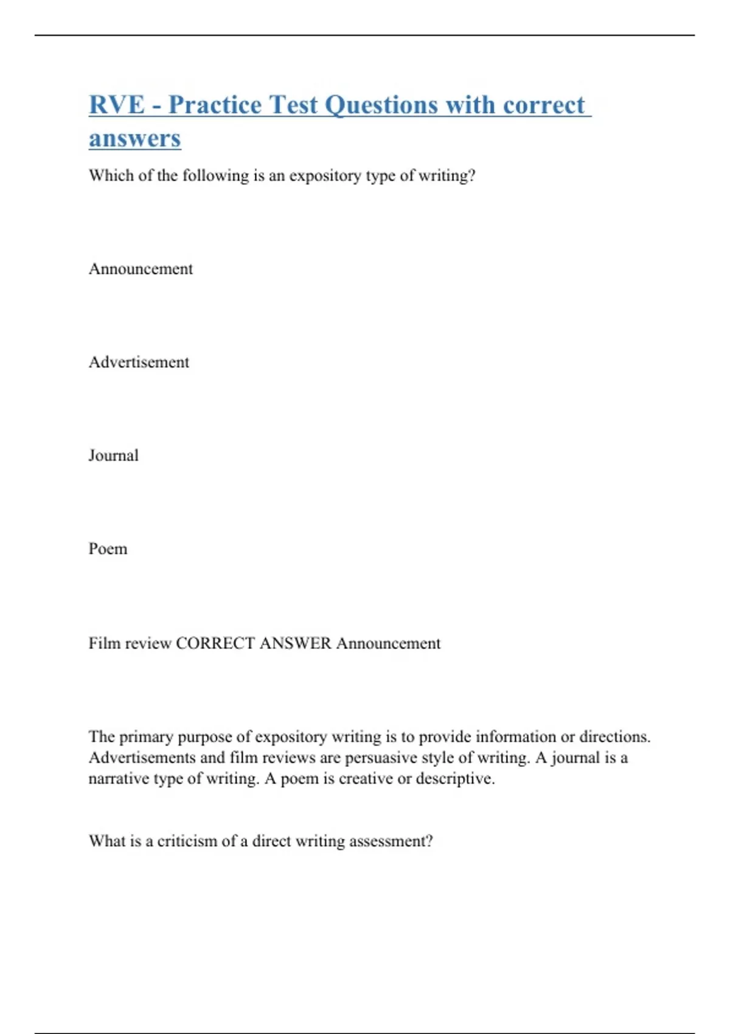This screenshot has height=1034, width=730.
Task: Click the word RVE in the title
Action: click(x=116, y=105)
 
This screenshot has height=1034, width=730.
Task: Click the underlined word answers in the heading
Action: click(x=135, y=139)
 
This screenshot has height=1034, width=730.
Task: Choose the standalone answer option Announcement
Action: click(x=141, y=269)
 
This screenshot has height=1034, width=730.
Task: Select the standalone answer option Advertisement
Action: click(x=139, y=363)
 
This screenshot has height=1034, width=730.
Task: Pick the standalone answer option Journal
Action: click(x=114, y=456)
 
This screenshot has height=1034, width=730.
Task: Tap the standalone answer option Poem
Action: click(x=108, y=549)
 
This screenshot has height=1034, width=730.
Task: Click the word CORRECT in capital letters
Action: click(x=215, y=644)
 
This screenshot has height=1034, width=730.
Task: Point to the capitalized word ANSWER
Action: click(x=295, y=644)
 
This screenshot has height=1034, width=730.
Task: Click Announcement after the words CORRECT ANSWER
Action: click(x=388, y=644)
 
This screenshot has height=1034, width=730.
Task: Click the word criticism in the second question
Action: click(x=187, y=841)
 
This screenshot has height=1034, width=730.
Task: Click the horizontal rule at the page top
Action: click(x=365, y=35)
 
